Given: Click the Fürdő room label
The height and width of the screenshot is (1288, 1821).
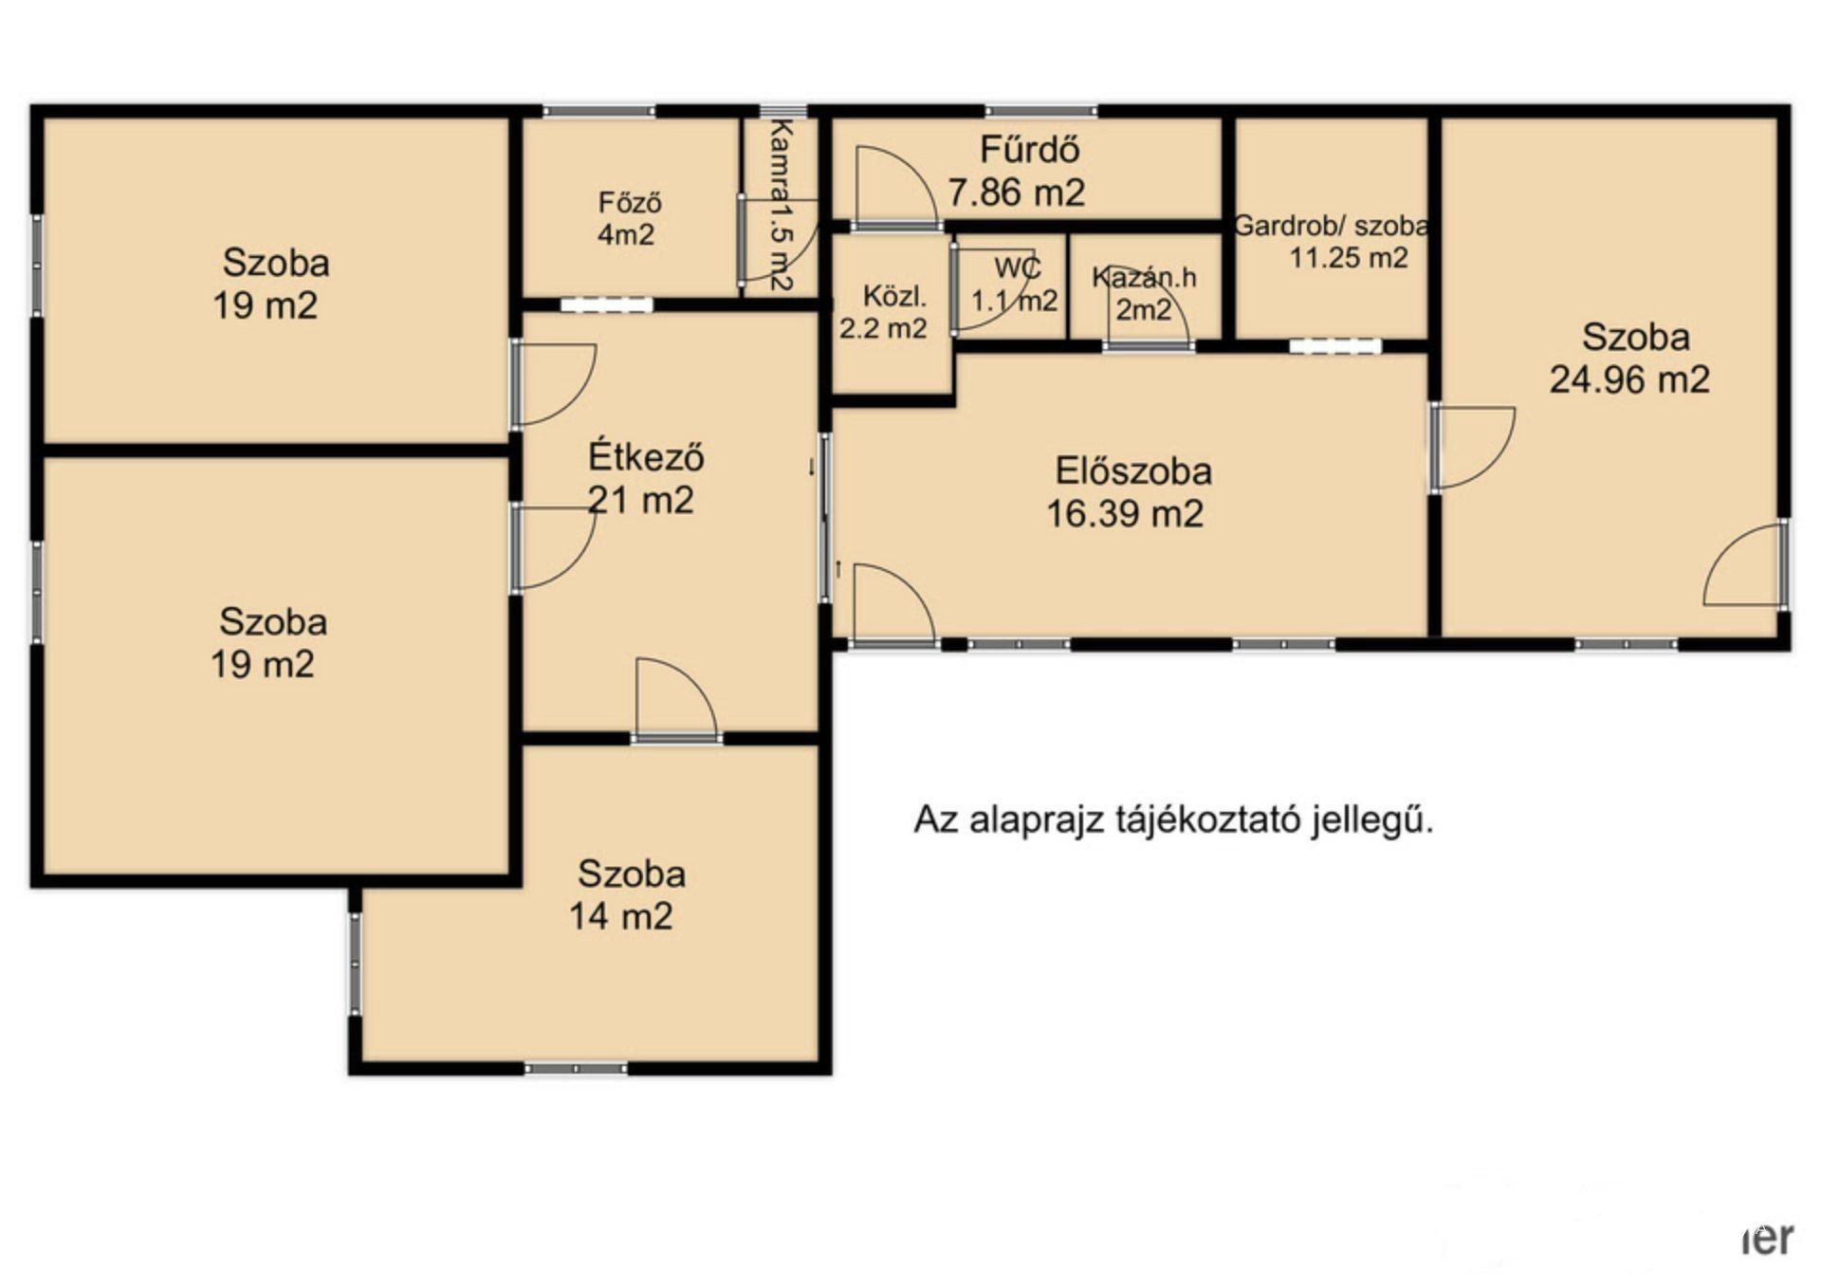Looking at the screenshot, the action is [x=1029, y=150].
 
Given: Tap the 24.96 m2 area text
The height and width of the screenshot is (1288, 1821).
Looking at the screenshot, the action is [x=1629, y=379].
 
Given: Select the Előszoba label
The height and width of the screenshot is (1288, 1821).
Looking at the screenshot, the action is [x=1133, y=471].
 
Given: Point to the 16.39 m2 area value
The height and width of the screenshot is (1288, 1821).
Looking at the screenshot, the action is [x=1125, y=513].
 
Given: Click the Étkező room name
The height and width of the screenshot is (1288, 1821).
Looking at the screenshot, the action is [x=646, y=456].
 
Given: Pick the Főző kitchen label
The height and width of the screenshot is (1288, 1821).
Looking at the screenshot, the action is [x=629, y=202].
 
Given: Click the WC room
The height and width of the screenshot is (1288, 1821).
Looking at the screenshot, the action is [x=1009, y=285].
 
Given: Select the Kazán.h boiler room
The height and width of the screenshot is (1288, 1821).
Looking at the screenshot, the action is [x=1145, y=285].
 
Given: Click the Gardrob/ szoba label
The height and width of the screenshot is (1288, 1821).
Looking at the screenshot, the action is [x=1331, y=226].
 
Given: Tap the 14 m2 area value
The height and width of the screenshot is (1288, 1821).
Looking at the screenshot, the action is [x=621, y=915].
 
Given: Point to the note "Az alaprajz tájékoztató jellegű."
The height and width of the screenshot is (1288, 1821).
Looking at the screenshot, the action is [x=1173, y=819].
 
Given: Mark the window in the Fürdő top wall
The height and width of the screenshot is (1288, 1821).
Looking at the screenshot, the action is [x=1041, y=112].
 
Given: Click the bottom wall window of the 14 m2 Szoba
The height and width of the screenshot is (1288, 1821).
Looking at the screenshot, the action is [x=576, y=1068].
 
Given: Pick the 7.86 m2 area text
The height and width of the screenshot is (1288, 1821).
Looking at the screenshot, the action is [x=1016, y=193].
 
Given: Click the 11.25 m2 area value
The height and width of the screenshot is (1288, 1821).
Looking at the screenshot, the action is [x=1348, y=257].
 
